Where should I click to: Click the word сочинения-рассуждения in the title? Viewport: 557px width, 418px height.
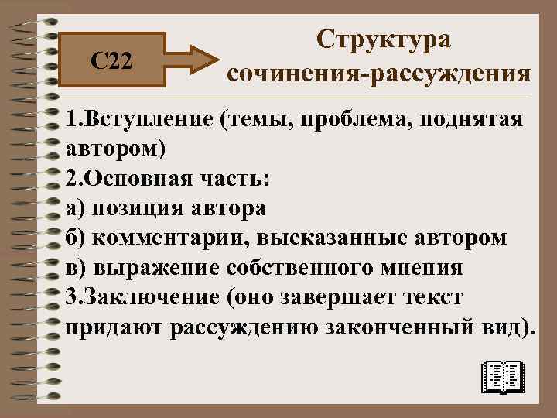pyautogui.click(x=379, y=74)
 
